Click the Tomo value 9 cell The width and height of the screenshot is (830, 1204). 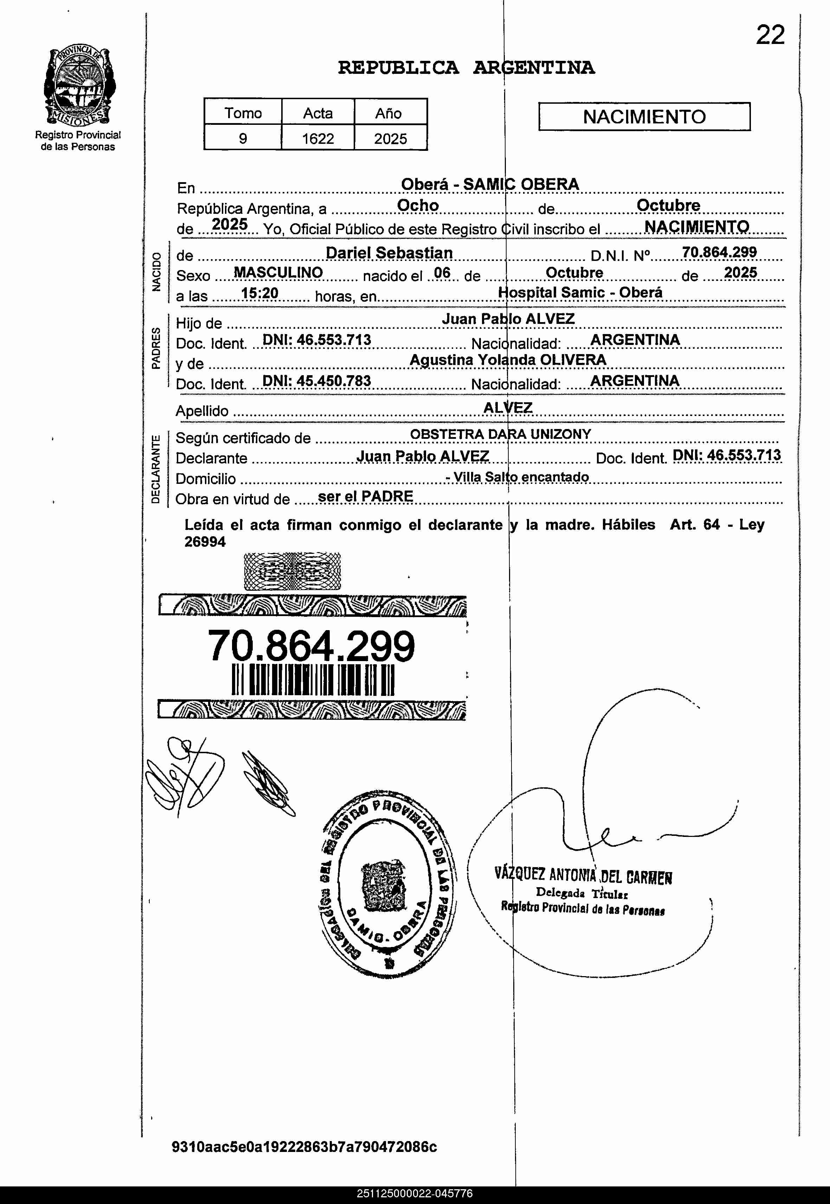[243, 138]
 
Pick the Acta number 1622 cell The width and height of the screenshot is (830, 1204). [318, 138]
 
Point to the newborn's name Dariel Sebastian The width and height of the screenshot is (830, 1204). [389, 253]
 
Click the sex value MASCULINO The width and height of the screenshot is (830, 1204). [278, 273]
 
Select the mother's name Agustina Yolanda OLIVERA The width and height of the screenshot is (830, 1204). [508, 360]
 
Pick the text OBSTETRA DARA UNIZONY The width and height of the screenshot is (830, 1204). [500, 434]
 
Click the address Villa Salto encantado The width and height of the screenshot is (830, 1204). [520, 476]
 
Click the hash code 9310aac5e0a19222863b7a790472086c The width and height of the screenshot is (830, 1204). [304, 1146]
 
